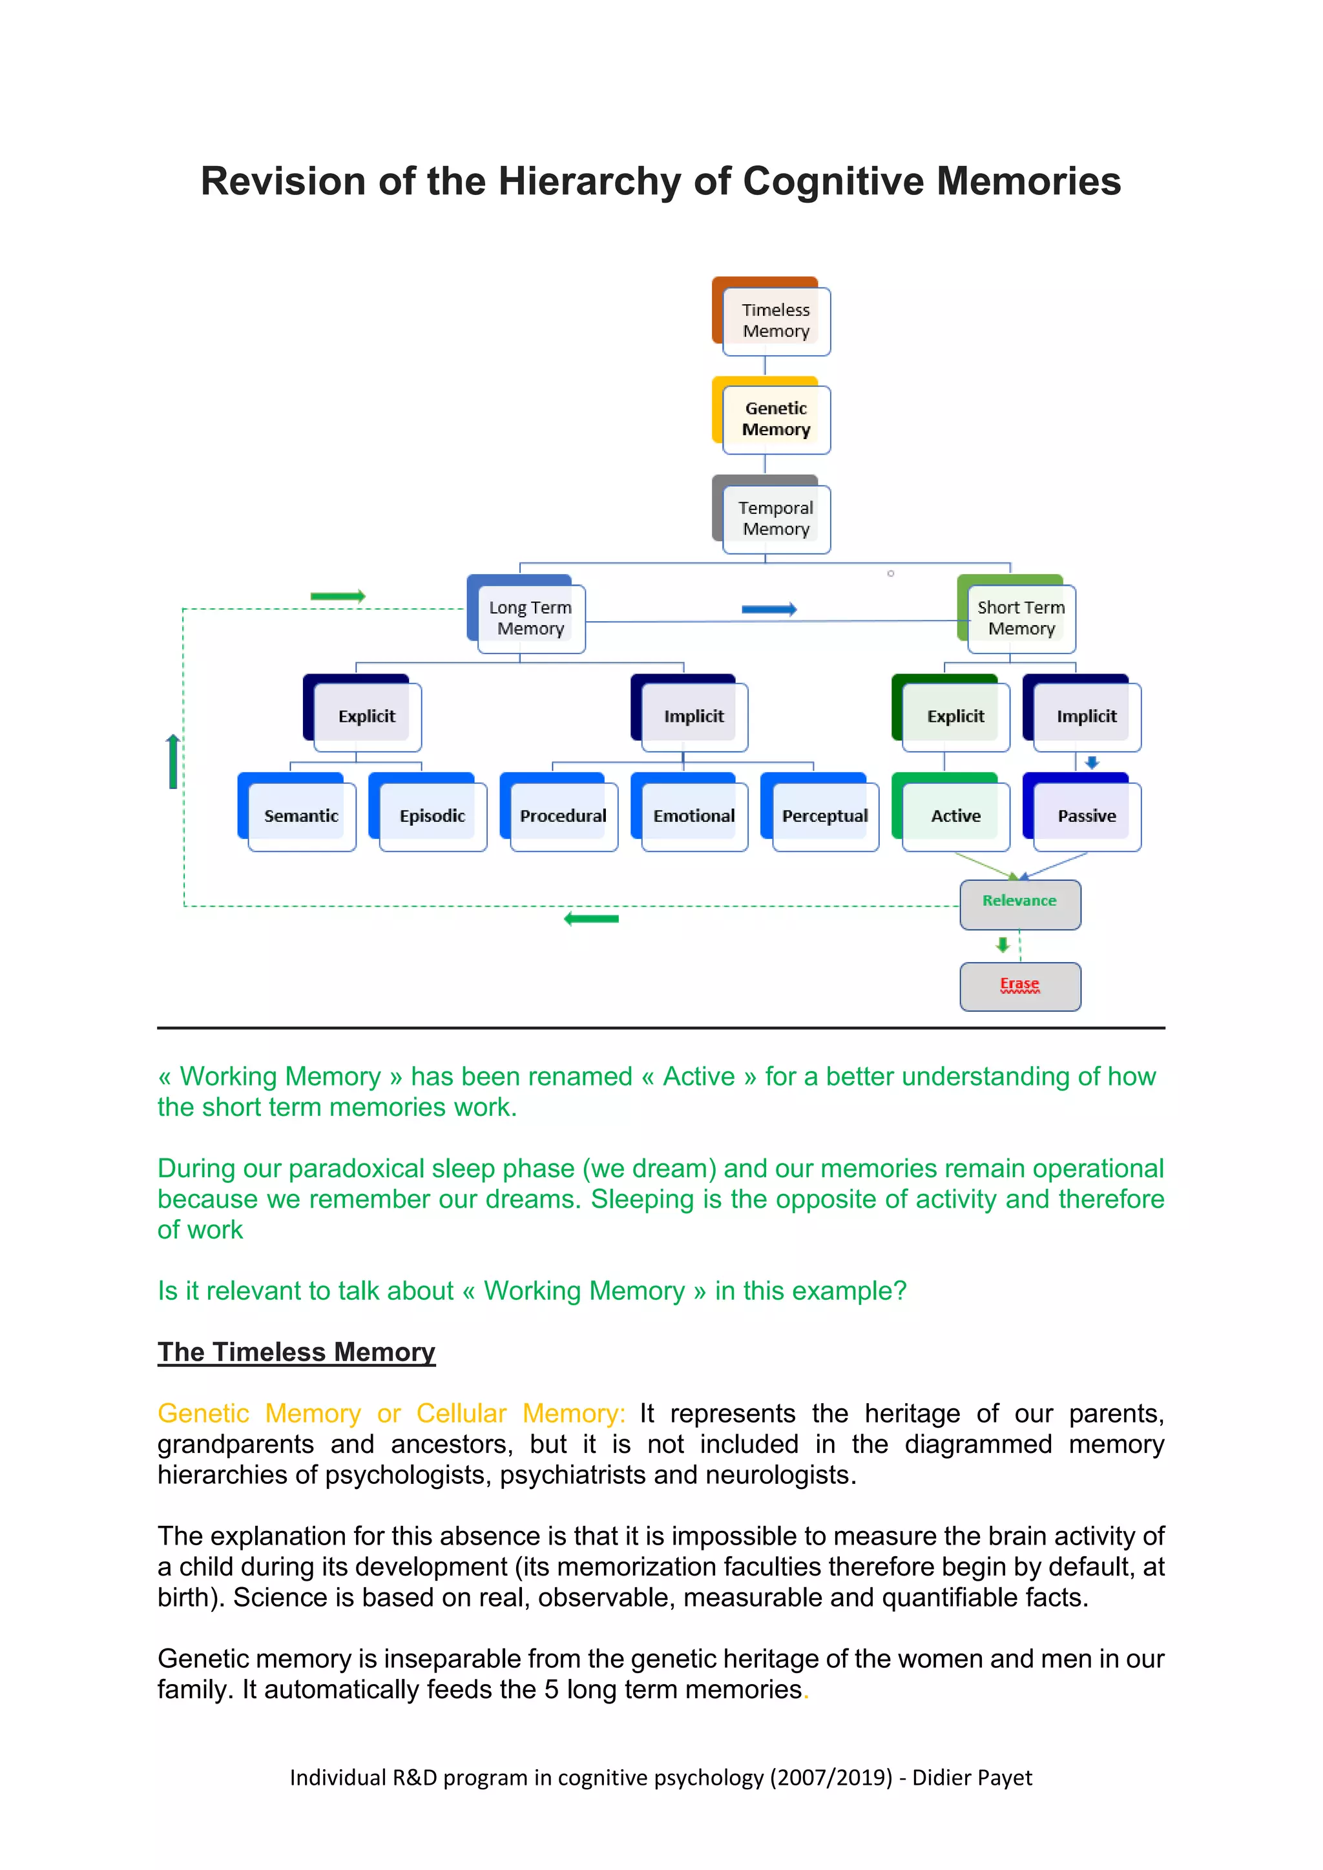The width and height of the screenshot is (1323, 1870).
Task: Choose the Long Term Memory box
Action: click(x=530, y=618)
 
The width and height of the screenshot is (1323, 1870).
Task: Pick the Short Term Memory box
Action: click(x=1021, y=618)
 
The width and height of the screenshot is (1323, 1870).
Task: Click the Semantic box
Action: click(x=300, y=816)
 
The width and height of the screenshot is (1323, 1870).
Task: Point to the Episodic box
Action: click(x=432, y=816)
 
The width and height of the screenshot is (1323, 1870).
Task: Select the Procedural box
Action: click(x=563, y=816)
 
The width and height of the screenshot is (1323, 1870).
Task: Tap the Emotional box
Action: click(x=693, y=816)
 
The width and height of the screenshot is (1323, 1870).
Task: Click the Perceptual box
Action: click(x=824, y=816)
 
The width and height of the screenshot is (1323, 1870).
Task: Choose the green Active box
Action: click(x=955, y=816)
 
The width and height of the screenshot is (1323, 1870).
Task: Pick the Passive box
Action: click(x=1087, y=816)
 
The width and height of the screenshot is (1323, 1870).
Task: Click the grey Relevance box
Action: click(x=1020, y=904)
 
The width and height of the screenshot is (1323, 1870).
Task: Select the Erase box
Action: click(x=1020, y=986)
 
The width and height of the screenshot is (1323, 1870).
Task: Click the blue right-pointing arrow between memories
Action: click(x=769, y=609)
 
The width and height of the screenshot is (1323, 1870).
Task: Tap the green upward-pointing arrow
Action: click(x=172, y=761)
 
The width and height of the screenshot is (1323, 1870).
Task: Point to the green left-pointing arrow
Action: click(x=592, y=919)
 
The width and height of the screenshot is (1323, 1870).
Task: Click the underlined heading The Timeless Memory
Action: click(x=297, y=1352)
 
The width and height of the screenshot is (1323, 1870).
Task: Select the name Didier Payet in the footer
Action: click(x=972, y=1777)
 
